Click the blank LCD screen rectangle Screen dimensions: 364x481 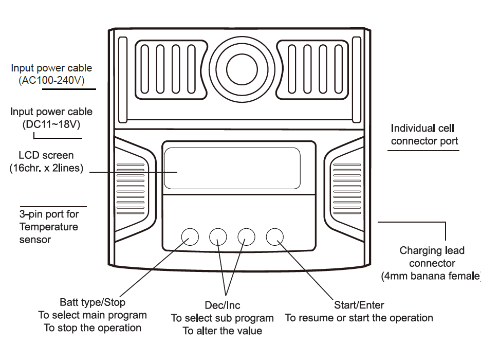coord(232,168)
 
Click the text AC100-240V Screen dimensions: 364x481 coord(51,81)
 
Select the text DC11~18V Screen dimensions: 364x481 coord(51,124)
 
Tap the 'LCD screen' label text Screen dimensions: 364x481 coord(46,155)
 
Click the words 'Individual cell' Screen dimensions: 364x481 coord(422,128)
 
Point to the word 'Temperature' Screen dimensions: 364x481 coord(49,227)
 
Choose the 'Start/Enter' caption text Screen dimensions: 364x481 coord(359,305)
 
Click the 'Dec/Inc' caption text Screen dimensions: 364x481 coord(223,306)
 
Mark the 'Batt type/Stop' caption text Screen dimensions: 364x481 coord(92,302)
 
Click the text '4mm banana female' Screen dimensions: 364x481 coord(431,276)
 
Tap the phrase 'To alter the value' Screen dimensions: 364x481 coord(223,331)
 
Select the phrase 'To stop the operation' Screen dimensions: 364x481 coord(92,328)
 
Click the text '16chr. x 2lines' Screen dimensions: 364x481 coord(46,168)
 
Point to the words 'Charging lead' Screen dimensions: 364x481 coord(432,251)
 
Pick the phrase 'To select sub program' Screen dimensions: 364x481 coord(222,318)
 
